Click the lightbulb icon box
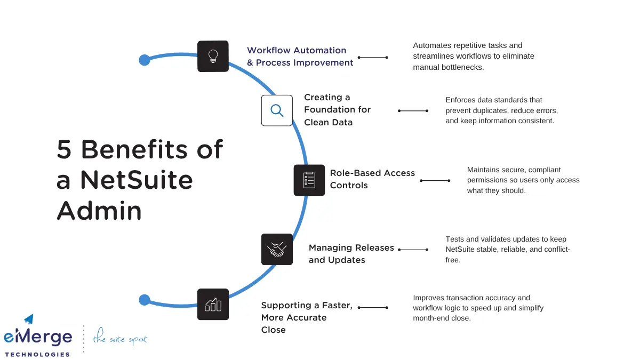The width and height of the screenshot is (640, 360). click(213, 56)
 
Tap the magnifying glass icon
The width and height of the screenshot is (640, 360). click(277, 110)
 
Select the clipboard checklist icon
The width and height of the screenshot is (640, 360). click(309, 180)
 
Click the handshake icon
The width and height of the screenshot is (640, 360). click(277, 249)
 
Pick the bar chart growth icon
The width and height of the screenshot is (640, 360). click(213, 305)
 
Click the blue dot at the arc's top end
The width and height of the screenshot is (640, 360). click(144, 60)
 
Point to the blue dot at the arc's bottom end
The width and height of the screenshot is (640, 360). click(144, 300)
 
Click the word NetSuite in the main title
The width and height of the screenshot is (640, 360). click(136, 180)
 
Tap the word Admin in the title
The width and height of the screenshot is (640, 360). click(99, 211)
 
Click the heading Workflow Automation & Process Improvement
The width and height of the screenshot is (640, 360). click(299, 57)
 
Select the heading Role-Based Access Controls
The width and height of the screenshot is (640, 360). click(372, 179)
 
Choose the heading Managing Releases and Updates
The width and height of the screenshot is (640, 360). click(351, 254)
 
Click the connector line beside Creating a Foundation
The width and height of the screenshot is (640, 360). click(413, 111)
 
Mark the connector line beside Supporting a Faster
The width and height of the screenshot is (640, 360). click(372, 308)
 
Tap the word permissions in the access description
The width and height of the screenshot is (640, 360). click(490, 180)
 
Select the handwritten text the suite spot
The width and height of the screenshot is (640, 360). click(119, 339)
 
